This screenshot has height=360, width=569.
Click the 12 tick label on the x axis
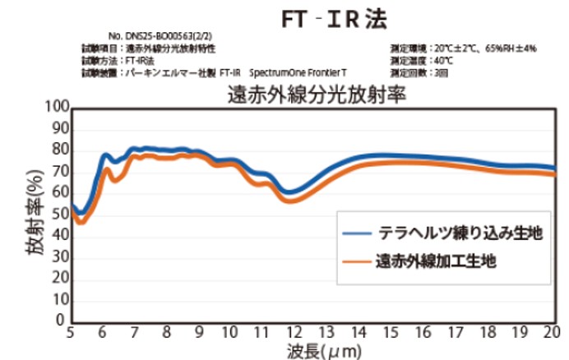[294, 333]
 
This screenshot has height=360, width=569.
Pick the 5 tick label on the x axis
[70, 333]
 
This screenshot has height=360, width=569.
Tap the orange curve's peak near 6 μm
[106, 170]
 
